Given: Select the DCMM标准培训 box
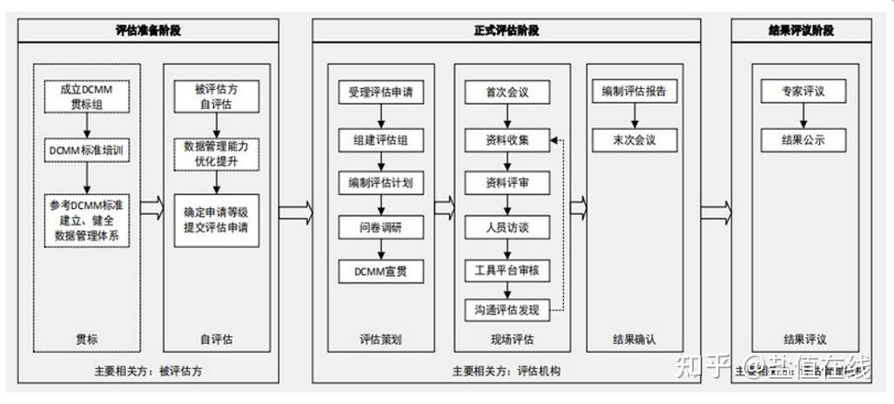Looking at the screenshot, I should [87, 150].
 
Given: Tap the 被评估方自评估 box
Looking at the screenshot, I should [217, 95].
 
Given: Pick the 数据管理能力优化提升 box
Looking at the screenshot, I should [217, 153].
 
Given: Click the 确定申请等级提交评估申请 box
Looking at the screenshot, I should [217, 219].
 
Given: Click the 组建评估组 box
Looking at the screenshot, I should [381, 138].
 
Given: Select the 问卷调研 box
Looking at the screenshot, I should [381, 227].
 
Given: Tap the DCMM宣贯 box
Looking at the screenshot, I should [381, 272].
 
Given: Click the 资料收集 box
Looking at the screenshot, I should [507, 139].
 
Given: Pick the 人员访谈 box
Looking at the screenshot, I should [507, 227].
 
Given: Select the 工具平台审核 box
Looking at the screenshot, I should [507, 270].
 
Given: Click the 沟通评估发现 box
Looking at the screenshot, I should [507, 310].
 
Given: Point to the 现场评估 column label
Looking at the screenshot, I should [507, 340].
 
